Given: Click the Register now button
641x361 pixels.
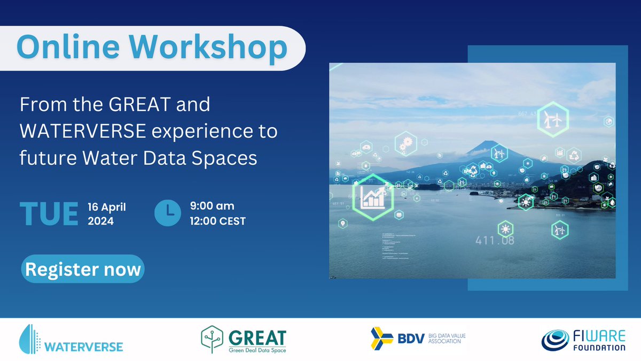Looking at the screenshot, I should tap(83, 269).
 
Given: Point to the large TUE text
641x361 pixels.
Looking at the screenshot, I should tap(49, 213).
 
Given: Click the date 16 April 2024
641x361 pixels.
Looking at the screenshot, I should tap(106, 213).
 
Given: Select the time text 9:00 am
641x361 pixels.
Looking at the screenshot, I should tap(212, 206).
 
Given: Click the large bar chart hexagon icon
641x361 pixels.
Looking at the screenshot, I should tap(373, 196).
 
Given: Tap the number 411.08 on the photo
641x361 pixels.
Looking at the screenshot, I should tap(495, 241).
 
